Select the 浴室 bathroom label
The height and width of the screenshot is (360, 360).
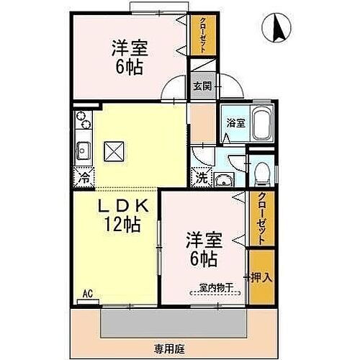coord(235,122)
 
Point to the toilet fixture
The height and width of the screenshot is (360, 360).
coord(262,171)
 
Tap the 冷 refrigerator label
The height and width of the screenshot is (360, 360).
coord(84,175)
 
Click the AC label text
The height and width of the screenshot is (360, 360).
coord(87,293)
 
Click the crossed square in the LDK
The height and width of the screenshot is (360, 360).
coord(114,150)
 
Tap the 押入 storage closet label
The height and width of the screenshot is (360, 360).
coord(261,276)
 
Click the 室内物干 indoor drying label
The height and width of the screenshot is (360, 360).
coord(216,287)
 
